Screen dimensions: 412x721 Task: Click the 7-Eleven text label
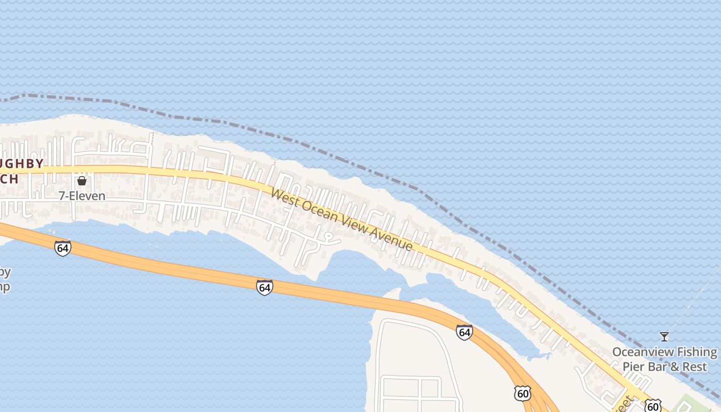pyautogui.click(x=81, y=196)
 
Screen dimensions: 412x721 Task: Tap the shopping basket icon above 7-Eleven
pyautogui.click(x=81, y=181)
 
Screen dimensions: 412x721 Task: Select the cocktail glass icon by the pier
pyautogui.click(x=664, y=337)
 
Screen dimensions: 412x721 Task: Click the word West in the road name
pyautogui.click(x=284, y=198)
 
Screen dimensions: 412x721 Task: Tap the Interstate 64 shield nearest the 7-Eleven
pyautogui.click(x=62, y=248)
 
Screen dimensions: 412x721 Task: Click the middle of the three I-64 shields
pyautogui.click(x=264, y=287)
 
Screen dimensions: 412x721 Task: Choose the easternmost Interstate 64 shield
pyautogui.click(x=464, y=332)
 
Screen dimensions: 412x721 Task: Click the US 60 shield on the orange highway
pyautogui.click(x=522, y=393)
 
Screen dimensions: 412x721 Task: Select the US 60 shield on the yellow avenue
pyautogui.click(x=653, y=406)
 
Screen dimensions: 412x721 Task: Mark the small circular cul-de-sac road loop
pyautogui.click(x=327, y=237)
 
